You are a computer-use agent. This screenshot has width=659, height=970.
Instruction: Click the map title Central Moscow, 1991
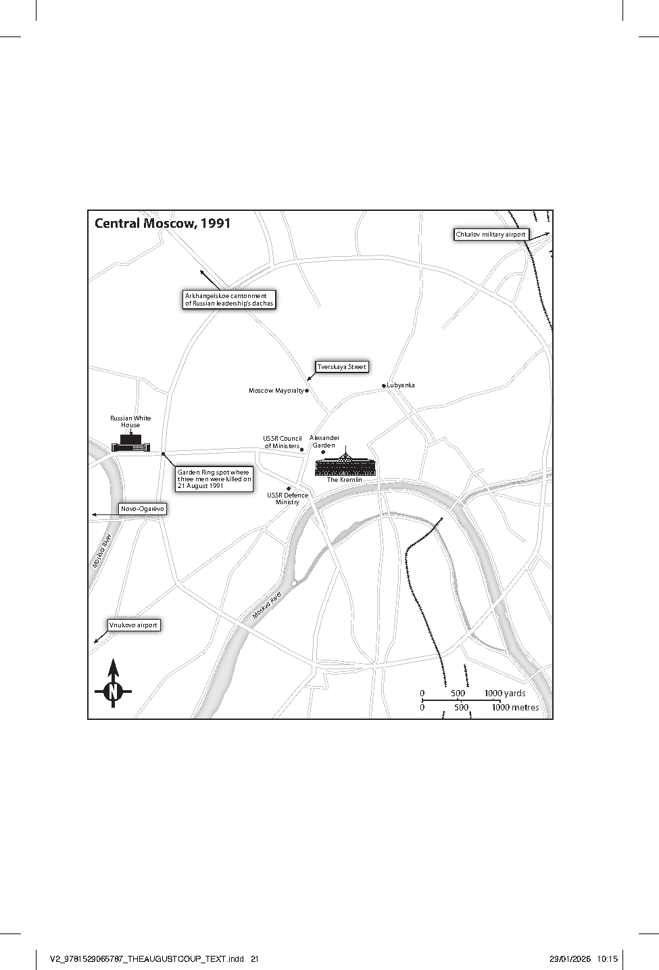coord(162,224)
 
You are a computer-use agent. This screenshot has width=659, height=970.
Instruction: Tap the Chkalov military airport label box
coord(491,235)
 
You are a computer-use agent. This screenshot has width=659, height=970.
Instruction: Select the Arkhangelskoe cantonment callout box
coord(229,299)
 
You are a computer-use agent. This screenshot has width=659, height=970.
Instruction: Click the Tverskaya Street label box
coord(341,367)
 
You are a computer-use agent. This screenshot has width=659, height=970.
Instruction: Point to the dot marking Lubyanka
coord(384,385)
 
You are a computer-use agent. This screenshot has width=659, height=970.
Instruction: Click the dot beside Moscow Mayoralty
coord(307,391)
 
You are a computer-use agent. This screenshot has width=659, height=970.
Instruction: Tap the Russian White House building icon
coord(130,442)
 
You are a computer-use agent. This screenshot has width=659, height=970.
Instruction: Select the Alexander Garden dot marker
coord(323,452)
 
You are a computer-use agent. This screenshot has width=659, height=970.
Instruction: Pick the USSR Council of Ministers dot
coord(302,450)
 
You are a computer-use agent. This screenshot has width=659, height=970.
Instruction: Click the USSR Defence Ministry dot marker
coord(289,489)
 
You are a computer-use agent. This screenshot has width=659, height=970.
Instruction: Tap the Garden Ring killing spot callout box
coord(214,479)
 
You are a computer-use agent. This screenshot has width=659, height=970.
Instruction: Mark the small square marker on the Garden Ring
coord(163,454)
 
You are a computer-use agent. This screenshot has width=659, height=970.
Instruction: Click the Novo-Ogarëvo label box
coord(143,509)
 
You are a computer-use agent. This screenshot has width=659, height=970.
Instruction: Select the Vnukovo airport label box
coord(133,625)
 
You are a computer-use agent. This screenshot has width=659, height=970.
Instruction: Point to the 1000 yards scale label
coord(505,694)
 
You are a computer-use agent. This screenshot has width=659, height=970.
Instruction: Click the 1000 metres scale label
coord(515,708)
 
